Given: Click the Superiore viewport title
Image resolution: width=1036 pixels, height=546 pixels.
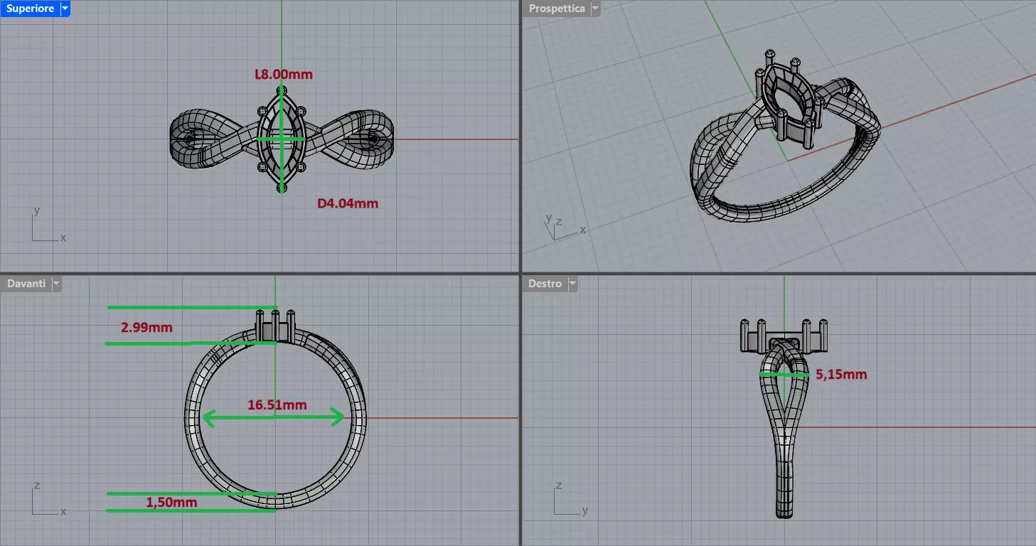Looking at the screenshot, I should point(30,9).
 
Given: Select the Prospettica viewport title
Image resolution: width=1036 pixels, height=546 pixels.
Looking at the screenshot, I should point(557,9).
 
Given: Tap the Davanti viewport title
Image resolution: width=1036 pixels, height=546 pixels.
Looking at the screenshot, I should point(26,284).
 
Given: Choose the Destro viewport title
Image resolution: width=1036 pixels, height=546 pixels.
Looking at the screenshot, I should point(545,284).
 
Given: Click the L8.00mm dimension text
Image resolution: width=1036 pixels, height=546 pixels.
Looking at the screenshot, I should point(284,74).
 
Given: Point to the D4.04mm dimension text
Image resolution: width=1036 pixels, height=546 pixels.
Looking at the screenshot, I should point(348,203).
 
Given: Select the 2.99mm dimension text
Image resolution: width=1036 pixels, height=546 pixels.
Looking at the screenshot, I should point(146,327).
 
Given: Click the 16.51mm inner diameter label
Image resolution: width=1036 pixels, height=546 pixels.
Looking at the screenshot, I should point(277,405).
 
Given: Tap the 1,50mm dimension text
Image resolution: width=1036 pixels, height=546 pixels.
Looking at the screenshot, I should point(171,503).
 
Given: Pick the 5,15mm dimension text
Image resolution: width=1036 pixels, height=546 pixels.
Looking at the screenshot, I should point(841,374).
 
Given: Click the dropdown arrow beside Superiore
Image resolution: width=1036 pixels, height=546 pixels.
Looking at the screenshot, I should point(65,9).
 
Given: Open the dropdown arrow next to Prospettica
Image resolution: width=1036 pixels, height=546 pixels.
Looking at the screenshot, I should point(595,9).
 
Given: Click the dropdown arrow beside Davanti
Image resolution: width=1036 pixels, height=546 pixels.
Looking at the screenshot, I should point(56,284).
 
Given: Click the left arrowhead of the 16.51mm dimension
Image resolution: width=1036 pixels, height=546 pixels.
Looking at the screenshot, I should point(207,418).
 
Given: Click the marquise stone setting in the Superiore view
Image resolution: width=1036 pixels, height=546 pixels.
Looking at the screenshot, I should point(282,139).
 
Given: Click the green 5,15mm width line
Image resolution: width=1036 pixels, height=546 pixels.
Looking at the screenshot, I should point(784,373).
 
